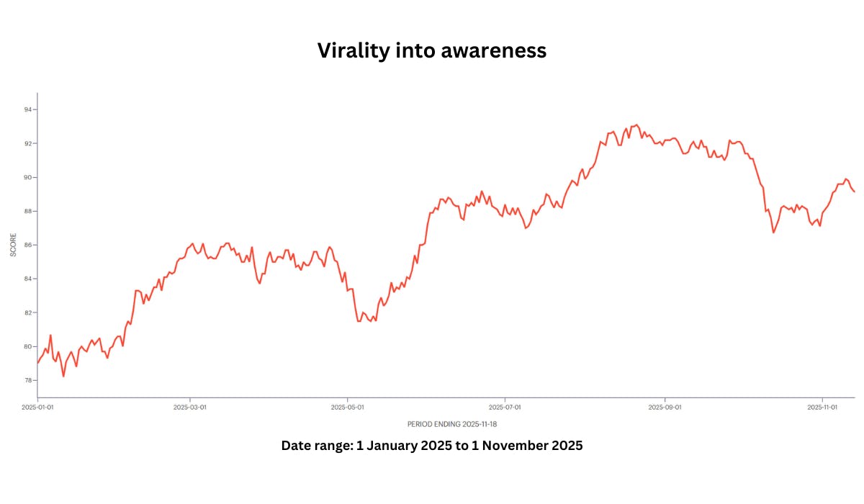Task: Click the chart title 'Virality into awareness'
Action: [432, 51]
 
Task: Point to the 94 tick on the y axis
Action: [27, 109]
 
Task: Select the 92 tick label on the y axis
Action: [27, 143]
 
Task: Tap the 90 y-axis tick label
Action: [27, 177]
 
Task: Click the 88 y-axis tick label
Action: [27, 211]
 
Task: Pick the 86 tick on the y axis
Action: [27, 245]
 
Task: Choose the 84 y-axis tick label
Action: [27, 279]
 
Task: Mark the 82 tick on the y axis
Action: [27, 312]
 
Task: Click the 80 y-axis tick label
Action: [27, 346]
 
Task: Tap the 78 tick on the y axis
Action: [27, 380]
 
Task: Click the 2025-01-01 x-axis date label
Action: [37, 407]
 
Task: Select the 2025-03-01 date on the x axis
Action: [190, 407]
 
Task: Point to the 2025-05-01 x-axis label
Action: [348, 407]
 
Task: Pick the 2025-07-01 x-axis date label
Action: [505, 407]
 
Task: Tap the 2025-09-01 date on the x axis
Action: [665, 407]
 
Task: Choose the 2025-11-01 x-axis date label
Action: [822, 407]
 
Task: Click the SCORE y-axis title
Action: [13, 245]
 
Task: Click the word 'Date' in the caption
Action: [296, 446]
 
